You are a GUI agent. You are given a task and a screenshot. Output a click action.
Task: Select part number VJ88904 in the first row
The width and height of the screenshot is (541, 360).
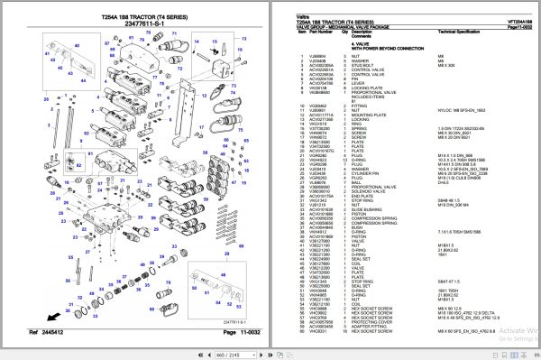point(318,56)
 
